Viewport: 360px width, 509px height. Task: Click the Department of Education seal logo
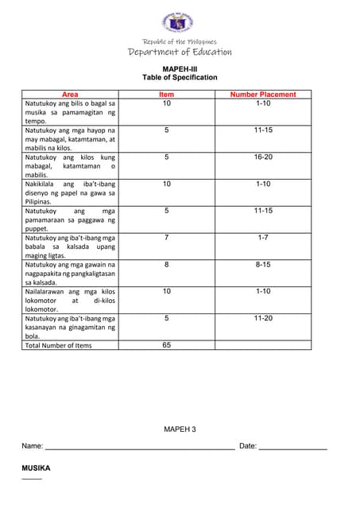[179, 21]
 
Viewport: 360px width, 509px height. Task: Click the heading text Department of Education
[180, 52]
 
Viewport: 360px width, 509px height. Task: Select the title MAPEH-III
[179, 69]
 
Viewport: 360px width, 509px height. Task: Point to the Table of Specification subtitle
[179, 78]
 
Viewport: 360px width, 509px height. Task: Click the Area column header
[70, 95]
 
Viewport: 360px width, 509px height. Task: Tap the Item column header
[167, 95]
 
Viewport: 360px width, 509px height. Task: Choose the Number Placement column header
[263, 95]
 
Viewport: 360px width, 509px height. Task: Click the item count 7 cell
[167, 238]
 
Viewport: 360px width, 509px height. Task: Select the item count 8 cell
[167, 265]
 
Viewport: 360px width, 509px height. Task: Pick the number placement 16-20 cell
[263, 157]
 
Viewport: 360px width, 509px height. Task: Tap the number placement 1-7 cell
[263, 238]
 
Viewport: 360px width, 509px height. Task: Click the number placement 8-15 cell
[263, 265]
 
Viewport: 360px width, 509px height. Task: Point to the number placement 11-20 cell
[263, 318]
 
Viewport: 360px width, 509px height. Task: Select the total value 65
[167, 345]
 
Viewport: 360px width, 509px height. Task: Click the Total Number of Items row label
[58, 346]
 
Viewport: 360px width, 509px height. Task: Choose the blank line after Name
[139, 449]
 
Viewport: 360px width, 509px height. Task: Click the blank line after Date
[293, 449]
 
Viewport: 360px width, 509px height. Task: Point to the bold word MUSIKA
[36, 468]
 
